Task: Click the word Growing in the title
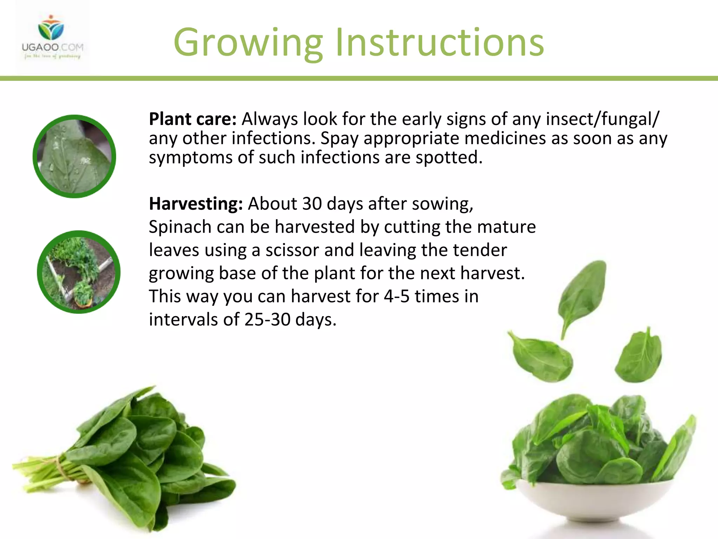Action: click(x=248, y=43)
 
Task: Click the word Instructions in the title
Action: click(x=440, y=43)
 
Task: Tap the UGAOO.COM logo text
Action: click(x=53, y=47)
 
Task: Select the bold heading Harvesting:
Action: click(x=196, y=204)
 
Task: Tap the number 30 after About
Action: click(x=312, y=204)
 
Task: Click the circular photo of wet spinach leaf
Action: click(x=74, y=157)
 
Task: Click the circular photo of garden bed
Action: click(x=79, y=272)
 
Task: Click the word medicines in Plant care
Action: click(x=505, y=139)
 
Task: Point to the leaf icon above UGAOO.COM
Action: click(x=51, y=28)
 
